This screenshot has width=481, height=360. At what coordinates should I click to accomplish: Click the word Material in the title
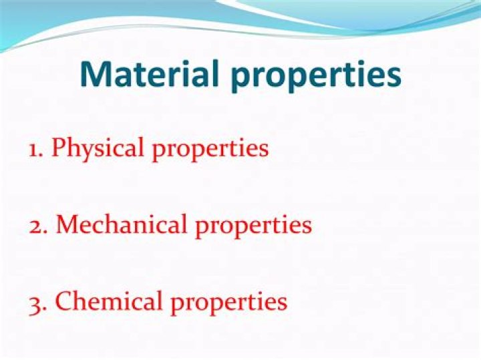150,74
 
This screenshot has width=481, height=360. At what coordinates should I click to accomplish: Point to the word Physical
99,148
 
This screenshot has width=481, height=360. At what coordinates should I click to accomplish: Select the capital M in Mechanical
67,225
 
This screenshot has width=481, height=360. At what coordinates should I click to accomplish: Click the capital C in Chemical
63,302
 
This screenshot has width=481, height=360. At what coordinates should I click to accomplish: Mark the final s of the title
394,77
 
